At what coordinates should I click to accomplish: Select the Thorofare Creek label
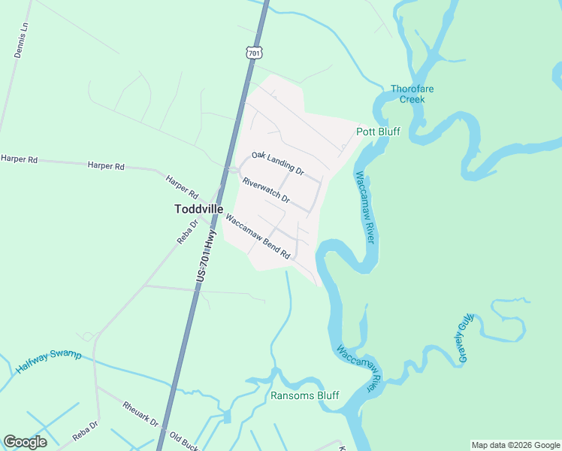(412, 94)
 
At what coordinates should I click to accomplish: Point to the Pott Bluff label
(378, 132)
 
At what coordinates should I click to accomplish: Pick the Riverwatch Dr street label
(266, 190)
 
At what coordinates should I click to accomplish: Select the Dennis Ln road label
(21, 40)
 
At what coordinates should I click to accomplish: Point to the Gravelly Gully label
(464, 337)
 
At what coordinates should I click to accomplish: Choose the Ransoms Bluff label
(304, 395)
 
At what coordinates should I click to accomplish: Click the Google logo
(24, 442)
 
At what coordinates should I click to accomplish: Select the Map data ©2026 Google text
(515, 445)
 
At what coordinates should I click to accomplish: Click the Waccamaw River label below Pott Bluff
(364, 207)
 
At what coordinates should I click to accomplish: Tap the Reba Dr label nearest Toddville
(187, 231)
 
